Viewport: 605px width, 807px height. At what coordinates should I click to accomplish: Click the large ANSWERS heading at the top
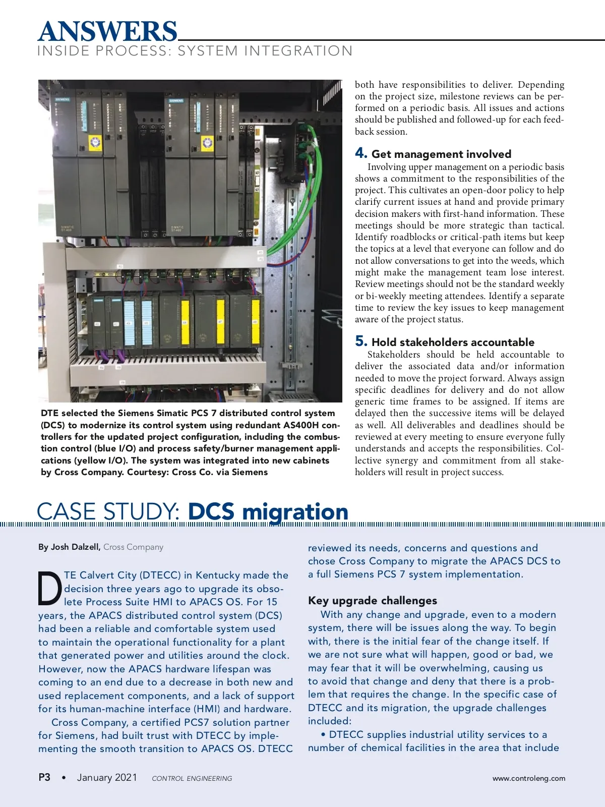tap(107, 31)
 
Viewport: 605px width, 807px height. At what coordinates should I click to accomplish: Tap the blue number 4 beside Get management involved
tap(360, 153)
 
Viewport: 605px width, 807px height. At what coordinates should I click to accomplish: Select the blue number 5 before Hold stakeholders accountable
tap(360, 341)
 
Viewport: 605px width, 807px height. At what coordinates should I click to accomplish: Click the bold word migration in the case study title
tap(295, 511)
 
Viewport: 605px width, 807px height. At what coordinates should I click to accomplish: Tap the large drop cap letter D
tap(50, 588)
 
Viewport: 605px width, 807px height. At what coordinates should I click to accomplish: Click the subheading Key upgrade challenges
tap(373, 601)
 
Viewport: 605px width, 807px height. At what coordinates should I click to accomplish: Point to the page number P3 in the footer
tap(44, 777)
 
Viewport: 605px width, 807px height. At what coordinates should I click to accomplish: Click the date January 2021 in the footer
tap(107, 777)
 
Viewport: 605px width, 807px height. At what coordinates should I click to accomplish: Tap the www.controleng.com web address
tap(529, 778)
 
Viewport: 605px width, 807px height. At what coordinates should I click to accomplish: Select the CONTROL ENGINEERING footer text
tap(192, 778)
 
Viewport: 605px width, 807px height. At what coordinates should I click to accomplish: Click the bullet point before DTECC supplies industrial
tap(323, 735)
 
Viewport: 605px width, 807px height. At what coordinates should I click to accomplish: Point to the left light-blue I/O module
tap(130, 321)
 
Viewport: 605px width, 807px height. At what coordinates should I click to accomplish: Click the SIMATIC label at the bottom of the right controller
tap(178, 228)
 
